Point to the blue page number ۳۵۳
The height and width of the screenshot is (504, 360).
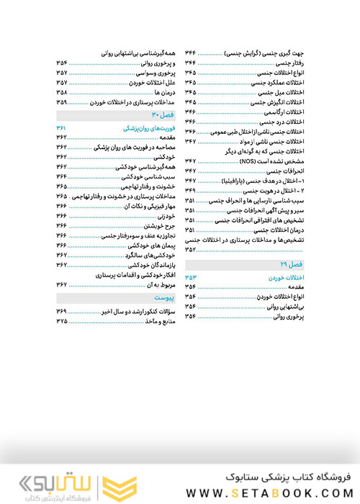pyautogui.click(x=191, y=277)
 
